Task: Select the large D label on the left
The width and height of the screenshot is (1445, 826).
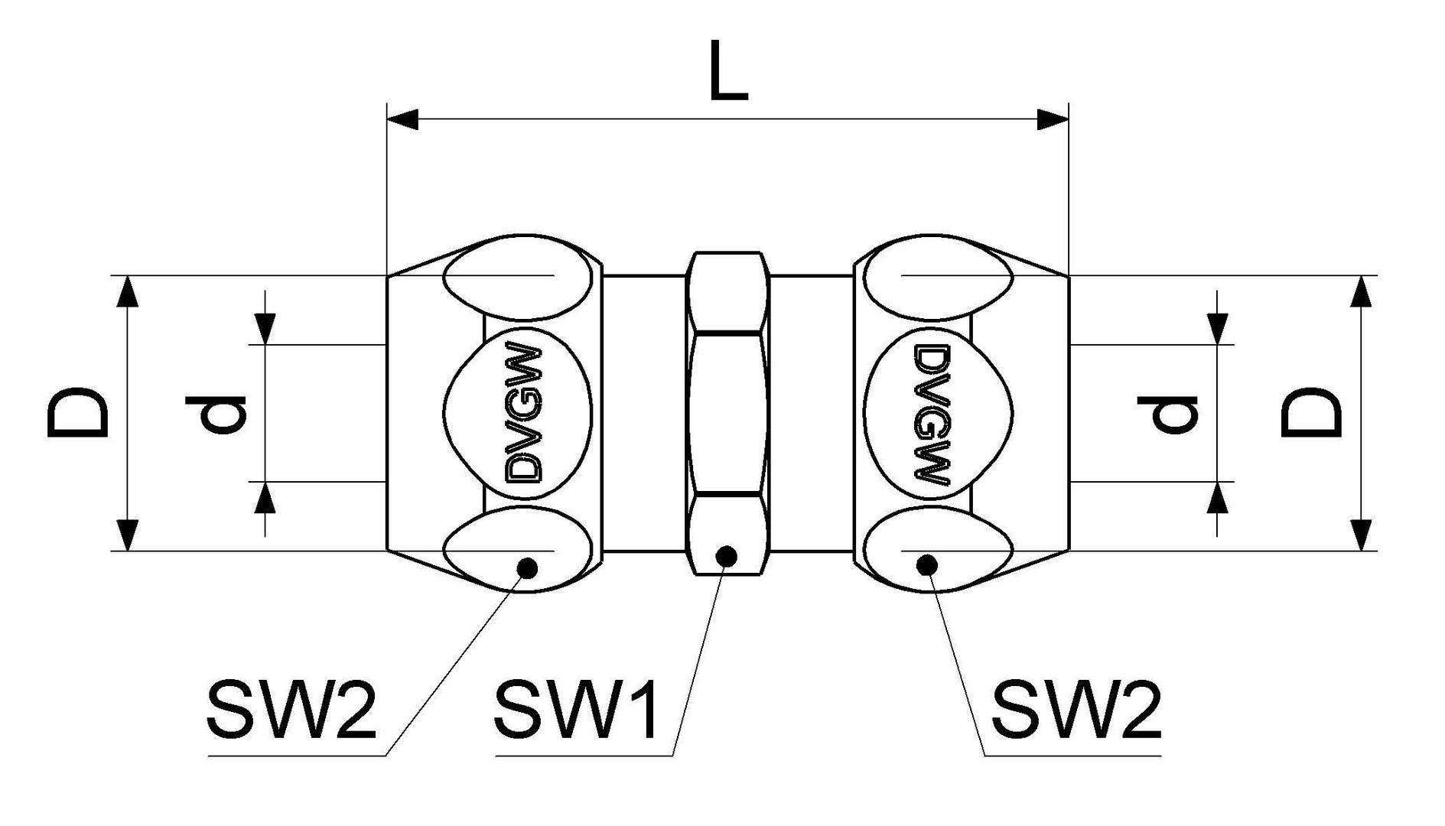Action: pos(76,413)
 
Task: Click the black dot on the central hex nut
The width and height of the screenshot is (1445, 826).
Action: pos(726,555)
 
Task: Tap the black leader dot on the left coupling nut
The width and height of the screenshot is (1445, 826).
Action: pos(527,567)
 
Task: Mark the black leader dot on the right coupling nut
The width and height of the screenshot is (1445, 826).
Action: pos(927,565)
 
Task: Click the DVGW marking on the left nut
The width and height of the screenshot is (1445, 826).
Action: pos(525,413)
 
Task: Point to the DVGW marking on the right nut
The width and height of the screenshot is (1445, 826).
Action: pos(932,413)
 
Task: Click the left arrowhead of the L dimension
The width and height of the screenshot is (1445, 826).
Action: pos(402,119)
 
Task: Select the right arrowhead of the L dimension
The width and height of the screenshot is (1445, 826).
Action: pos(1053,119)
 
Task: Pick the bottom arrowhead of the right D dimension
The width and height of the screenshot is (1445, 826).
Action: pos(1360,535)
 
